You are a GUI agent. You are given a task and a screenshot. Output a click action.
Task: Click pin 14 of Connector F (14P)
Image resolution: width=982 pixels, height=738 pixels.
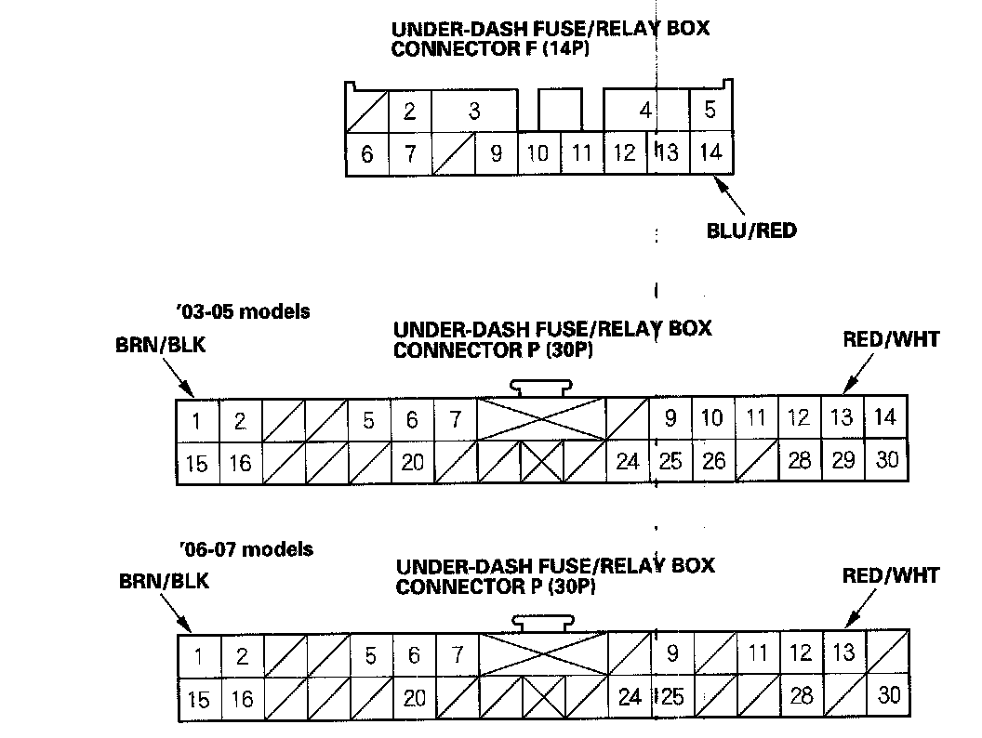click(x=710, y=153)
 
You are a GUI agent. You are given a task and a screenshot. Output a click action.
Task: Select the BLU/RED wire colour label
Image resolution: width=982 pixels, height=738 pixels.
click(x=751, y=230)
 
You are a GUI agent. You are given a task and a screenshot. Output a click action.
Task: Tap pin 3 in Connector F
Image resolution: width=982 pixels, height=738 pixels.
click(x=474, y=112)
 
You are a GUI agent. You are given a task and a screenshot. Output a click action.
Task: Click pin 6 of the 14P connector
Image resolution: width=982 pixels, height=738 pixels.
click(x=366, y=154)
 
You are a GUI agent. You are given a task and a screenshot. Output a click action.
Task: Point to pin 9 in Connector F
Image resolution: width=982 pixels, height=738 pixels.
click(x=497, y=153)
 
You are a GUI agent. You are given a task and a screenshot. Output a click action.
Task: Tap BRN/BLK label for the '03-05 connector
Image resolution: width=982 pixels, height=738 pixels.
click(x=157, y=346)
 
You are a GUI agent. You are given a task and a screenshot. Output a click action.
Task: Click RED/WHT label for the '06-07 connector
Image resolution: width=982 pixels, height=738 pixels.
click(x=891, y=575)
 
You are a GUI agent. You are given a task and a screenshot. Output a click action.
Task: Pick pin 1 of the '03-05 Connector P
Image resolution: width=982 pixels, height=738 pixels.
click(x=197, y=420)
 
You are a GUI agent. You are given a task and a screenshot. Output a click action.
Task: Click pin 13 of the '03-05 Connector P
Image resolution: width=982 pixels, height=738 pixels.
click(x=843, y=418)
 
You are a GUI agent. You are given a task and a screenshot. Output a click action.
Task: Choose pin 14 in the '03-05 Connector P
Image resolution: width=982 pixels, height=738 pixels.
click(x=886, y=417)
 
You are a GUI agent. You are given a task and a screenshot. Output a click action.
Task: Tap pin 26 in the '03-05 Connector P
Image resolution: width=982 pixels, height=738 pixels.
click(x=713, y=461)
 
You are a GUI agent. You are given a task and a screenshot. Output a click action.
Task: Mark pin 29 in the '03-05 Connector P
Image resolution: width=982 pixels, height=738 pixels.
click(x=843, y=461)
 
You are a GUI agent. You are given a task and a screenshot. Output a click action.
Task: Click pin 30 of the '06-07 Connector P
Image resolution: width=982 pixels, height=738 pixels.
click(x=889, y=695)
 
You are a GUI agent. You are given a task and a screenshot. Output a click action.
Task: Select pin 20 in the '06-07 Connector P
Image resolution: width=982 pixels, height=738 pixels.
click(x=415, y=697)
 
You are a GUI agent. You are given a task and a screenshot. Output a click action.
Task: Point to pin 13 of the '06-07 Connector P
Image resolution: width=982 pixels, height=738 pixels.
click(x=844, y=652)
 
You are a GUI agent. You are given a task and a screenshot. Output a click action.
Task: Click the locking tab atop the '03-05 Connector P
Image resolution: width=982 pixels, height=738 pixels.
click(x=540, y=389)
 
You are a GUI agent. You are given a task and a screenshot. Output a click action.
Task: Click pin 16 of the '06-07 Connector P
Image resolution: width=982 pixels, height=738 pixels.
click(x=242, y=697)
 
